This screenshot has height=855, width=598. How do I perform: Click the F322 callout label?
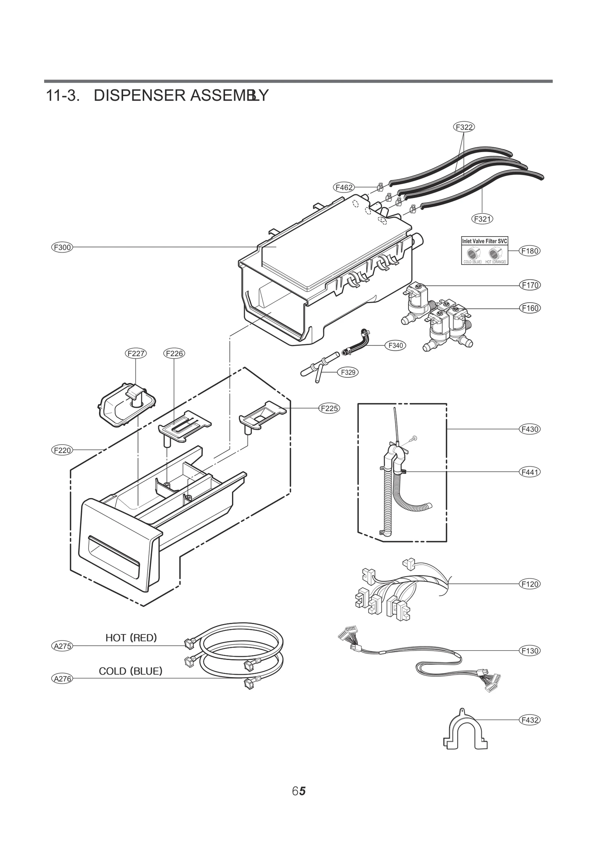pos(464,127)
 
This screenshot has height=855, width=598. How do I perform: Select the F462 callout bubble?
pos(343,187)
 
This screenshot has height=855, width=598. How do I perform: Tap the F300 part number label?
pos(62,247)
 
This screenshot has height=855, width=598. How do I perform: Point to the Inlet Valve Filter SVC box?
pos(484,250)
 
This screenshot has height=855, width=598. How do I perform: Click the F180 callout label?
pos(530,251)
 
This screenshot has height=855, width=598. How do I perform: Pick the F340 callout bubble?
pos(395,345)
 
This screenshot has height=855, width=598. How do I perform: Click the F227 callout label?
pos(136,353)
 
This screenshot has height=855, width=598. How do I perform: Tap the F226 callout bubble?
pos(174,353)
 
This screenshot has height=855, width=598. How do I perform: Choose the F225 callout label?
pos(329,408)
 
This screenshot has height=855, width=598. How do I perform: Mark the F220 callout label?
pos(62,450)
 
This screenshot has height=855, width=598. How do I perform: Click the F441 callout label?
pos(530,472)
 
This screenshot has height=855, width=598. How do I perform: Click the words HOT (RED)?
pos(131,638)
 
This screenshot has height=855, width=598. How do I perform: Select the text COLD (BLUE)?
pos(130,671)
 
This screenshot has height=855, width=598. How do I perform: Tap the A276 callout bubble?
pos(62,679)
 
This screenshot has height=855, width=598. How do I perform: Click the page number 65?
pos(299,791)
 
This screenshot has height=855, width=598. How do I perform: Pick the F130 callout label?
pos(530,651)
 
